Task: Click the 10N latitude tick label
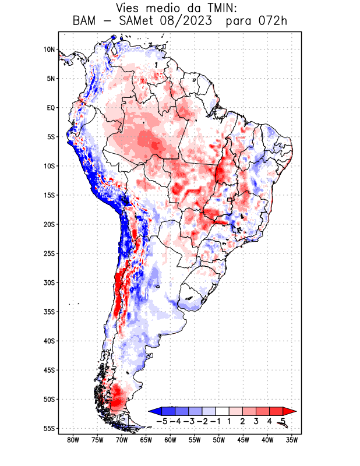[49, 50]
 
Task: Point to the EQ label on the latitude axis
[51, 108]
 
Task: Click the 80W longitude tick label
[73, 440]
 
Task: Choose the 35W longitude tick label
[292, 440]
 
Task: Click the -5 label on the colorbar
[162, 421]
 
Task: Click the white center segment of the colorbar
[222, 411]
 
